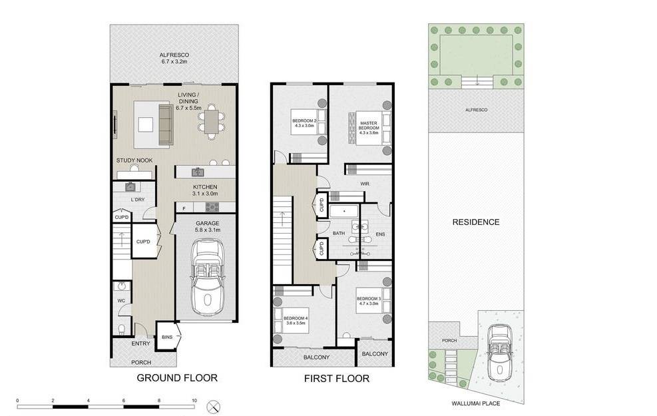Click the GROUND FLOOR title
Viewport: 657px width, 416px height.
pos(177,378)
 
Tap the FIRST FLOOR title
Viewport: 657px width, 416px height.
pos(337,379)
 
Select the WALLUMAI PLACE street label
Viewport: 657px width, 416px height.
pos(475,403)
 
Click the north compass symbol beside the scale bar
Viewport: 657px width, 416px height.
pos(214,407)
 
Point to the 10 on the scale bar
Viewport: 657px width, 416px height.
pos(194,401)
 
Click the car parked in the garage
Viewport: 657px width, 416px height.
pos(208,277)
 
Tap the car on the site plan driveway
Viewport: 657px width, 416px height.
pos(499,354)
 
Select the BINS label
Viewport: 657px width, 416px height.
pos(167,337)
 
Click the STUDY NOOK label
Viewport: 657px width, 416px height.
pos(134,160)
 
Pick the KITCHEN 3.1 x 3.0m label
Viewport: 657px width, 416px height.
pos(205,190)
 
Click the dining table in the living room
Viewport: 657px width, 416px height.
pos(212,122)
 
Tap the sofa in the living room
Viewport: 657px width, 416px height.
pos(166,124)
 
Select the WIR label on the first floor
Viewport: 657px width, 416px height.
pos(365,184)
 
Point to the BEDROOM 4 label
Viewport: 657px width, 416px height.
pos(296,320)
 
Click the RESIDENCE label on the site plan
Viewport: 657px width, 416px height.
pos(476,222)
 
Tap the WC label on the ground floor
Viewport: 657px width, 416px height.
pos(121,301)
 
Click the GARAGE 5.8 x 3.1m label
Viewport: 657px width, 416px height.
pos(208,227)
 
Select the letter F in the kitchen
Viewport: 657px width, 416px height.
pos(184,208)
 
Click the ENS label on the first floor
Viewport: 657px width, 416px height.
pos(380,234)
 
